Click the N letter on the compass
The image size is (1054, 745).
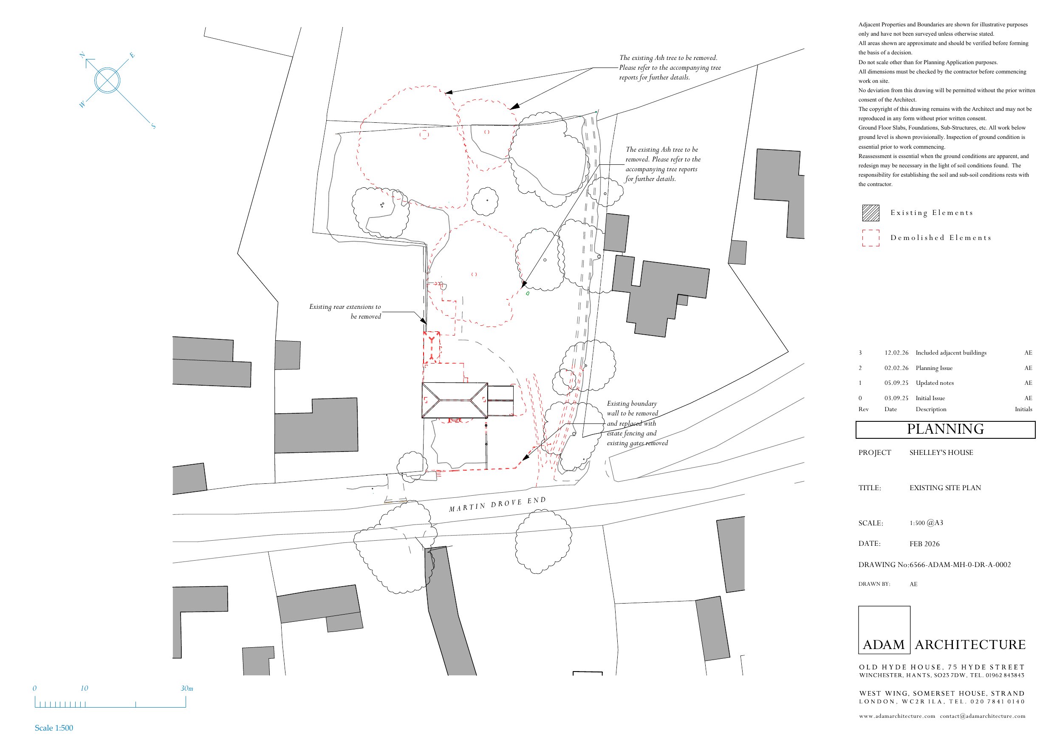(x=82, y=55)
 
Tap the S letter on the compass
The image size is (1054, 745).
(x=153, y=126)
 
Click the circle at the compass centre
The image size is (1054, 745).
(x=107, y=80)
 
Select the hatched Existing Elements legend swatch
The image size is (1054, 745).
(x=871, y=213)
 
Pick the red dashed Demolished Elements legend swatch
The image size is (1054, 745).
(x=871, y=238)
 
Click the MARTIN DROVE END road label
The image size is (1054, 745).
(x=497, y=504)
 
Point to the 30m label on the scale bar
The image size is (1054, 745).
(x=187, y=689)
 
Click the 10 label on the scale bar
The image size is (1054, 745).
(x=84, y=689)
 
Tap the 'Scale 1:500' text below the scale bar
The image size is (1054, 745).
(x=54, y=728)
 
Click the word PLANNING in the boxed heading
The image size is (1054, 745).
(x=945, y=429)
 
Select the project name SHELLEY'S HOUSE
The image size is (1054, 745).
(x=941, y=453)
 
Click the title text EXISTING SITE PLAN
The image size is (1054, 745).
(x=945, y=488)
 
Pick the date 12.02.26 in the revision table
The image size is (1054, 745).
(x=896, y=353)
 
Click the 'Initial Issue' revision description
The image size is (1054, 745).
(x=930, y=398)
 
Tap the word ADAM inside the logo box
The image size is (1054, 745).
(x=884, y=645)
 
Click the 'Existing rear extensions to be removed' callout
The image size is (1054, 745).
(x=345, y=312)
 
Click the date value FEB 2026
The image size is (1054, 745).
(x=924, y=544)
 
